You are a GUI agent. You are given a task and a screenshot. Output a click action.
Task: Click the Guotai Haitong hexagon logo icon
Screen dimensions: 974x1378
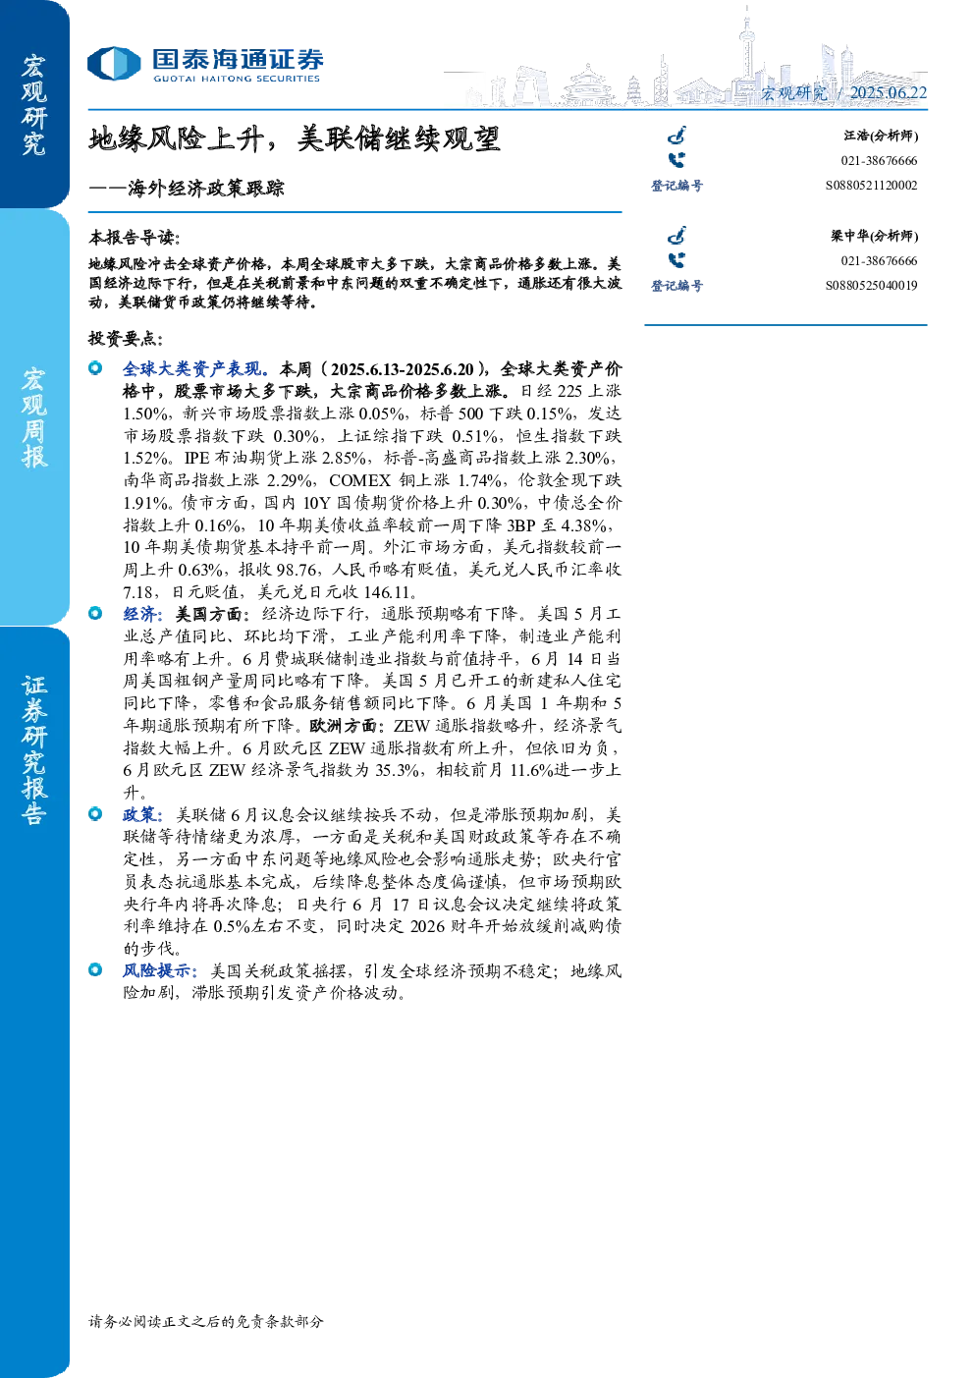pyautogui.click(x=114, y=64)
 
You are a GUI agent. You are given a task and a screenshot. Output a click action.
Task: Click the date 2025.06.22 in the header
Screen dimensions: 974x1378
pyautogui.click(x=888, y=93)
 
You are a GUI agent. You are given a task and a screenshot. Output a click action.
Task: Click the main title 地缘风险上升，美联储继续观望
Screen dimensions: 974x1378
pyautogui.click(x=294, y=139)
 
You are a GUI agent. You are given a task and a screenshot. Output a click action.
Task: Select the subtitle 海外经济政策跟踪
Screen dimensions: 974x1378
pyautogui.click(x=206, y=188)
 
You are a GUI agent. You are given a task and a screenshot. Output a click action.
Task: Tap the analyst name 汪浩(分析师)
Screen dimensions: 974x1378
pyautogui.click(x=881, y=136)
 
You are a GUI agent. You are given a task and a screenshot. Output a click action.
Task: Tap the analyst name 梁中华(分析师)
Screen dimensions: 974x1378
pyautogui.click(x=875, y=237)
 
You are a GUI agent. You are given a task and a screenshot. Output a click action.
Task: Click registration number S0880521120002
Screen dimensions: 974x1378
pyautogui.click(x=871, y=186)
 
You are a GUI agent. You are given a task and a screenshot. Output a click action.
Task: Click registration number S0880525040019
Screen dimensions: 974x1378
pyautogui.click(x=871, y=286)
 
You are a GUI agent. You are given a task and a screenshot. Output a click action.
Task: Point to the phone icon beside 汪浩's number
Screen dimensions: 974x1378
pyautogui.click(x=676, y=160)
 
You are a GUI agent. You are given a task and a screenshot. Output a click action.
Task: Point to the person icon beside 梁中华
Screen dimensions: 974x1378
pyautogui.click(x=676, y=235)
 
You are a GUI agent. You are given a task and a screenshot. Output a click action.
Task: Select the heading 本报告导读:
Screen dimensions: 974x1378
pyautogui.click(x=135, y=238)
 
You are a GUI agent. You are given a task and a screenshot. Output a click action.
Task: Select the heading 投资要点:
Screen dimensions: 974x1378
pyautogui.click(x=126, y=338)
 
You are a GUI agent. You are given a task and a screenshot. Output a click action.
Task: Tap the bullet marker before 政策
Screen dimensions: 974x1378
pyautogui.click(x=95, y=814)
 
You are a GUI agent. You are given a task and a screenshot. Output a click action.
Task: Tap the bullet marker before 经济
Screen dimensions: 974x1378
pyautogui.click(x=95, y=613)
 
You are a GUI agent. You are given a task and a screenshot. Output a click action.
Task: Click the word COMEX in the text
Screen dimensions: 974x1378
pyautogui.click(x=359, y=480)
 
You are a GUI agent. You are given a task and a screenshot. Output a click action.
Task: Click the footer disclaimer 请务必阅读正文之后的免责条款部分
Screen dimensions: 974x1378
pyautogui.click(x=206, y=1321)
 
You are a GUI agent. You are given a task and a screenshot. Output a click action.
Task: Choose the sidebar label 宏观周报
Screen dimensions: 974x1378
pyautogui.click(x=33, y=417)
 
